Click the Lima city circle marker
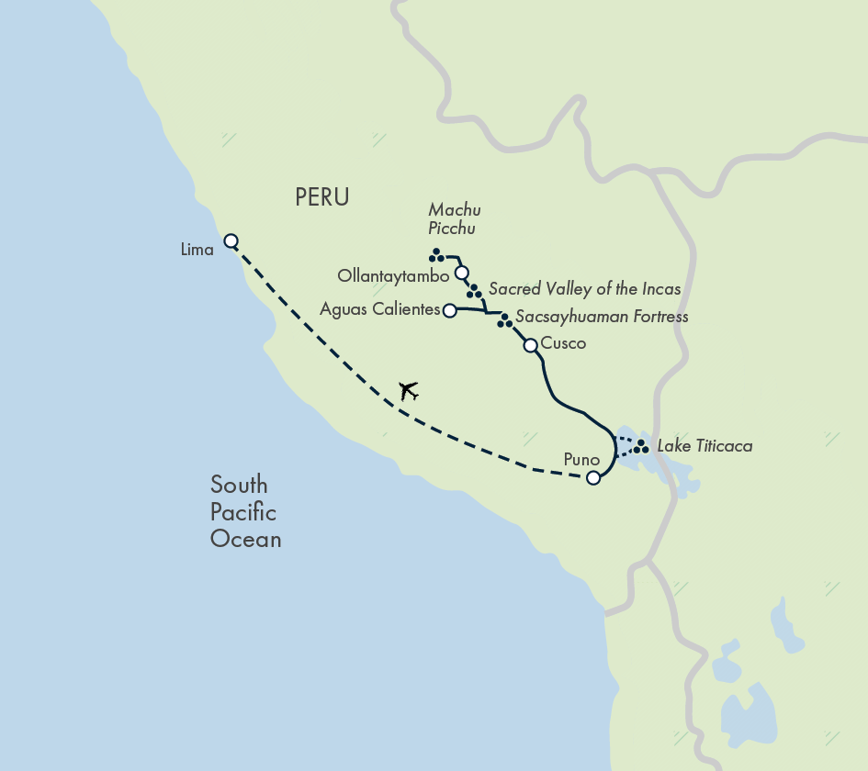pos(231,241)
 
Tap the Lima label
pos(197,250)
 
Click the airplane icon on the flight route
pos(409,391)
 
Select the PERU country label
pos(322,197)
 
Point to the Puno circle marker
pos(593,477)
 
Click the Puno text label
pos(582,460)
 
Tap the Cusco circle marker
pos(530,345)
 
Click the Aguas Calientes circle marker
pos(449,310)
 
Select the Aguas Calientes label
pos(380,310)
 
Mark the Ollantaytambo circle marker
pos(462,273)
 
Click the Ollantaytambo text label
pos(393,275)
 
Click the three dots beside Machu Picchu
pos(436,255)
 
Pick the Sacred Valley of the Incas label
pos(585,289)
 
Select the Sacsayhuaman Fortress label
pos(602,318)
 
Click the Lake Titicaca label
pos(705,447)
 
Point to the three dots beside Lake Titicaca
pos(642,448)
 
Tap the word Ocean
pos(245,539)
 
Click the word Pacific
pos(242,512)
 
